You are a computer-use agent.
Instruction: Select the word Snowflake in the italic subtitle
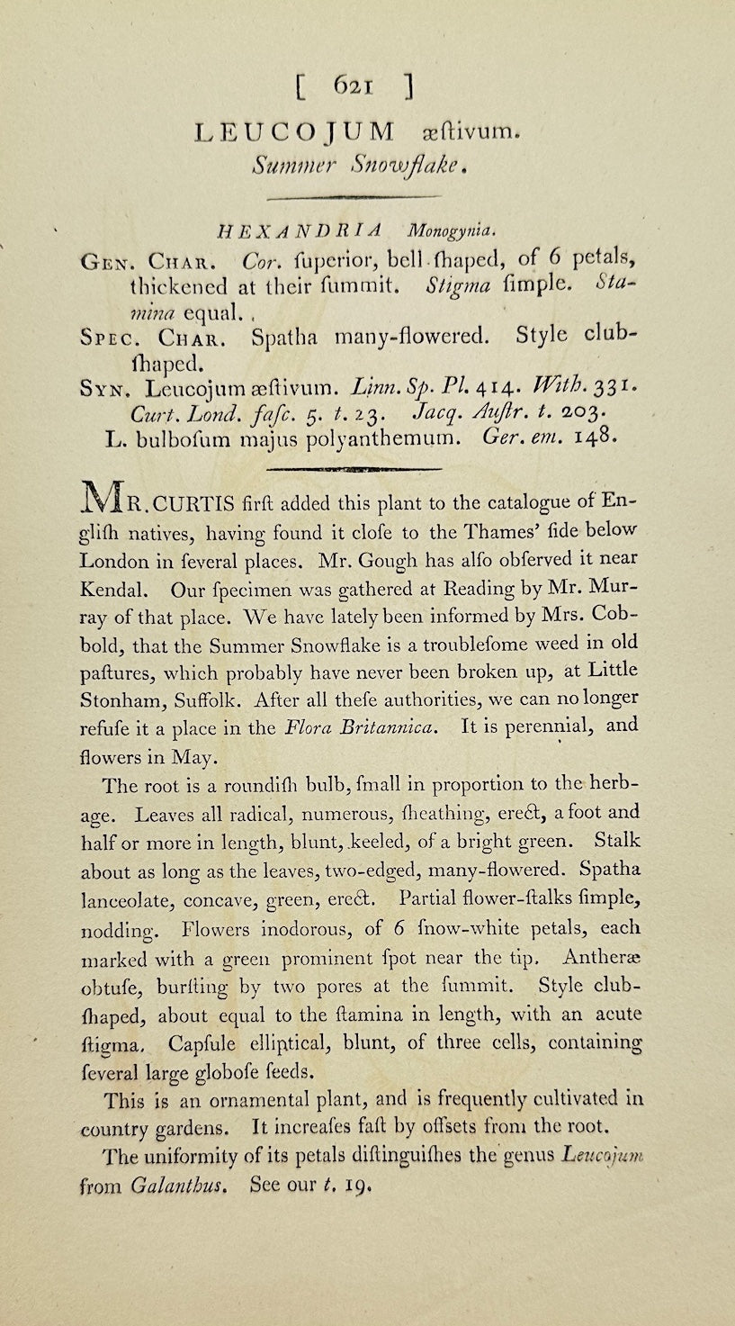point(385,165)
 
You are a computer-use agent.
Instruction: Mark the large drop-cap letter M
point(100,502)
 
